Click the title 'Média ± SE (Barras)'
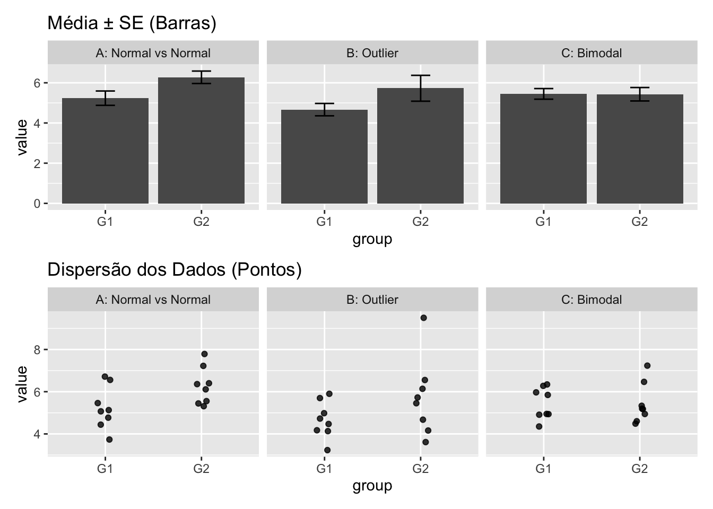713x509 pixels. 132,23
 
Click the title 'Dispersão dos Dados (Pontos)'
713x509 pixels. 175,270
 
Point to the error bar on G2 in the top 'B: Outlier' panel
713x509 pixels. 420,88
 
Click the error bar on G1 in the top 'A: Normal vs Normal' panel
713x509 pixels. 105,98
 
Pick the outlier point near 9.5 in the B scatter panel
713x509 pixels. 423,318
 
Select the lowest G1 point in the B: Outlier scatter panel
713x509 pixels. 327,450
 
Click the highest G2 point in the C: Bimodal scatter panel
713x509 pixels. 647,365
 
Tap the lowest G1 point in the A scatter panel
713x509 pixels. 109,440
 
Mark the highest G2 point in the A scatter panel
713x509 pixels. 204,354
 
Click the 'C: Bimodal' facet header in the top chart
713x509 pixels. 591,53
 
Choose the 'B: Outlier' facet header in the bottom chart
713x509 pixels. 372,300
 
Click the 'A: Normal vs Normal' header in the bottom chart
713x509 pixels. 153,300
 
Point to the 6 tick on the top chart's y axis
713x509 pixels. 37,83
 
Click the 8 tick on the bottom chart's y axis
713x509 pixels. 37,349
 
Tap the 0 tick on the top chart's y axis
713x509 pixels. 37,204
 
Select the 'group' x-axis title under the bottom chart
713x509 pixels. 372,486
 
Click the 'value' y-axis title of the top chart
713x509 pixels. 22,137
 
